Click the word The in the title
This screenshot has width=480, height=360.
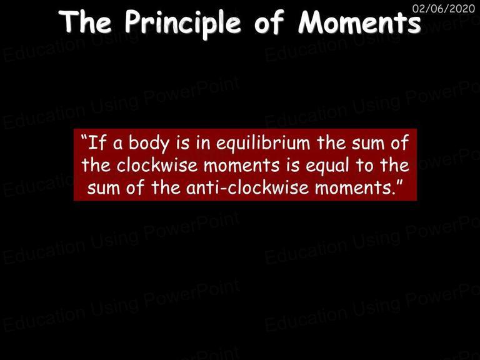(85, 22)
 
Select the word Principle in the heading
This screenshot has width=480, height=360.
(183, 24)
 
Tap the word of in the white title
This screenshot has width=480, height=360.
(269, 22)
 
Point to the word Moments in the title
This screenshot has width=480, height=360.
(359, 22)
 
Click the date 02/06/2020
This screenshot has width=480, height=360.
(444, 8)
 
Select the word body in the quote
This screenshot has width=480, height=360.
(148, 143)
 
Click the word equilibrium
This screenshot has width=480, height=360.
(263, 143)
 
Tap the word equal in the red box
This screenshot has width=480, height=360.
(327, 166)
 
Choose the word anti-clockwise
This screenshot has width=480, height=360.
(247, 187)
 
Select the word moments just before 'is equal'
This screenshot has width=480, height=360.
(241, 166)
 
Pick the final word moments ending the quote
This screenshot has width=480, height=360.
(354, 188)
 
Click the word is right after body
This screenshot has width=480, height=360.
(182, 143)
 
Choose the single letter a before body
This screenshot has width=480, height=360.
(117, 144)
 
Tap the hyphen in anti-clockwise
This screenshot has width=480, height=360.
(223, 188)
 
